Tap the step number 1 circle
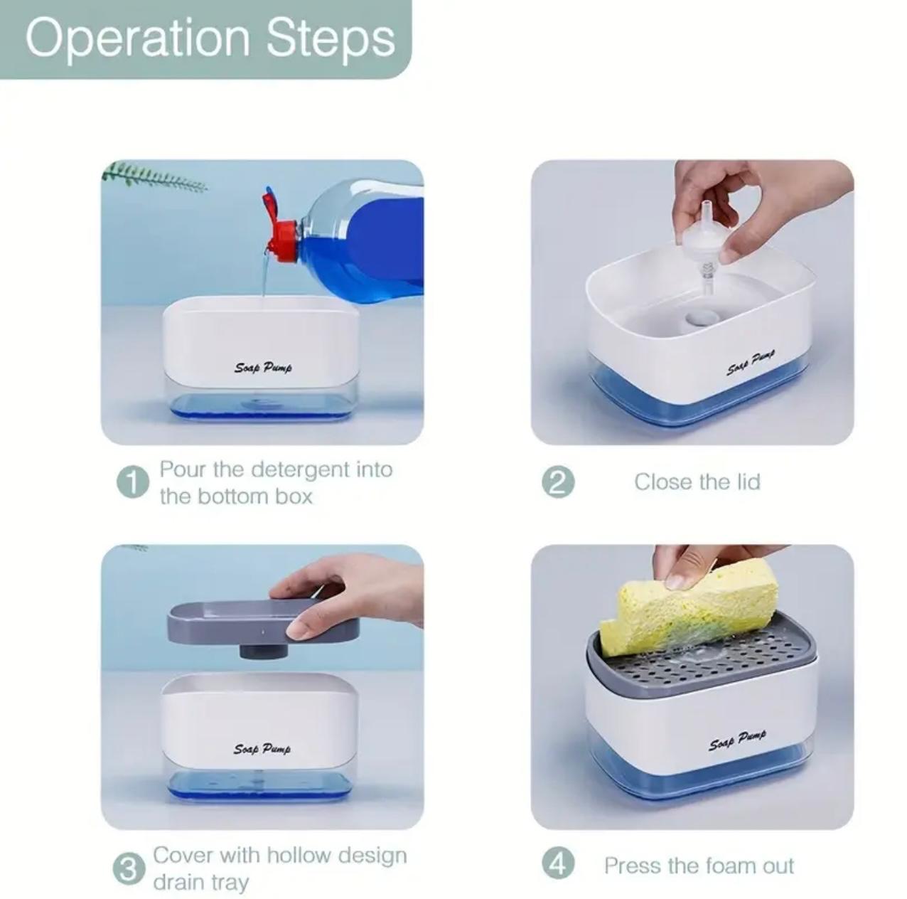coord(133,482)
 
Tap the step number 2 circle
coord(558,482)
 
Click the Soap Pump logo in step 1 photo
coord(263,367)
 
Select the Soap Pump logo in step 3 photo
coord(262,749)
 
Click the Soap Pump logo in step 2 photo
coord(751,363)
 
